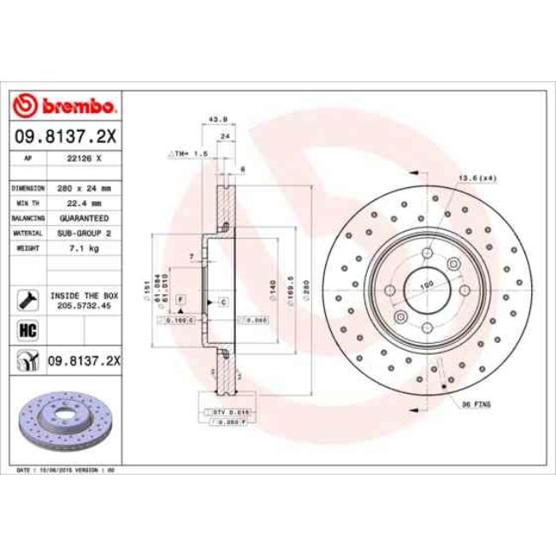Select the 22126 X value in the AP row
click(86, 159)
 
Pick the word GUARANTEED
click(86, 218)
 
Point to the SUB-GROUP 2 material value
click(86, 233)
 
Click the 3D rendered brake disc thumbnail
click(65, 418)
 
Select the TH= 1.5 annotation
click(189, 153)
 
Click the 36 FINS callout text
click(476, 403)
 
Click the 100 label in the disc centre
click(426, 283)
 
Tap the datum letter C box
click(222, 303)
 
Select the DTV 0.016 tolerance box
click(225, 412)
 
